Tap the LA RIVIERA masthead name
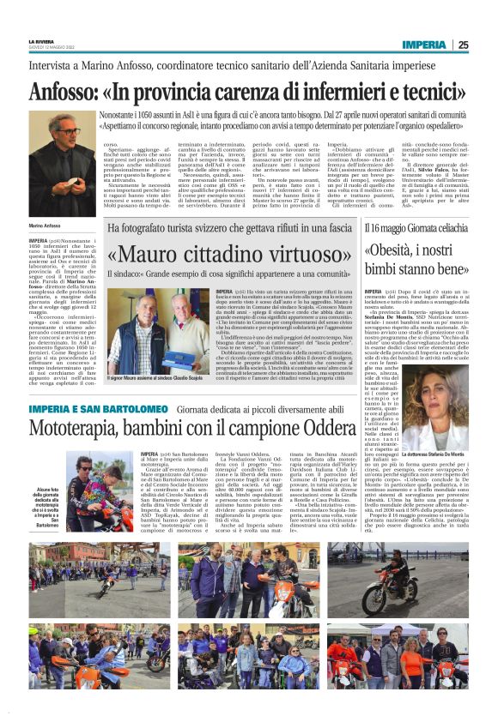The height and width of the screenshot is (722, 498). (41, 41)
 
